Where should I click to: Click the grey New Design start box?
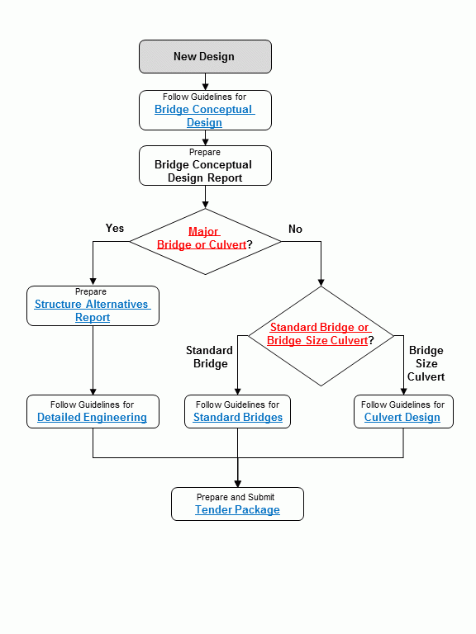tap(204, 56)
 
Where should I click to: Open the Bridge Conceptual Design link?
tap(204, 116)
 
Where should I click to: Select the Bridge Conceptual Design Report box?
tap(204, 166)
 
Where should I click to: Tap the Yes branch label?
tap(115, 228)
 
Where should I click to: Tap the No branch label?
tap(295, 229)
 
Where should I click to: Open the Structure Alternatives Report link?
tap(93, 310)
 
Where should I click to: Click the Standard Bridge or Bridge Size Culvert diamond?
tap(321, 334)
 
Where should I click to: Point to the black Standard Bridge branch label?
tap(210, 357)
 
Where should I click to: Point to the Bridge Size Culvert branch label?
tap(426, 363)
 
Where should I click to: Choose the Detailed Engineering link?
tap(92, 417)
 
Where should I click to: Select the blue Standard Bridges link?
tap(238, 417)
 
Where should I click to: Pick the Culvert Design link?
tap(402, 417)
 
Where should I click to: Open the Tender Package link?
tap(237, 509)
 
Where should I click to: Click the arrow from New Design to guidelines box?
tap(205, 82)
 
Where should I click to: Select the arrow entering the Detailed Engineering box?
tap(93, 390)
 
